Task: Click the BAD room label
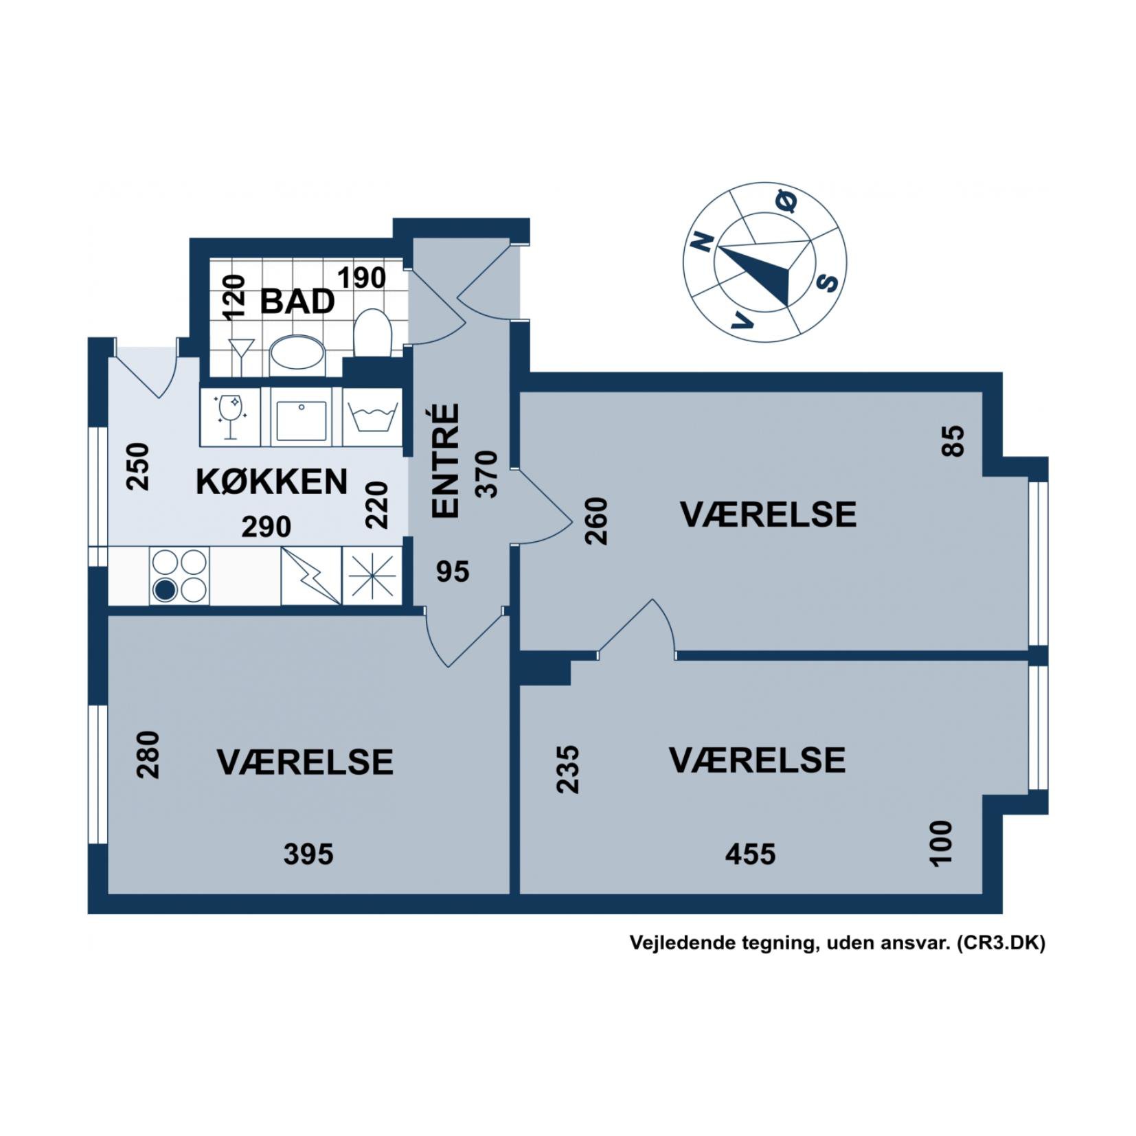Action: [297, 302]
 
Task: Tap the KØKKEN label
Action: [271, 481]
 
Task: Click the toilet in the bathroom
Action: [372, 332]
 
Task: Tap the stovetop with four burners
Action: [179, 576]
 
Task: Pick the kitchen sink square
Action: [301, 416]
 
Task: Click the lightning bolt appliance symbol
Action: [310, 576]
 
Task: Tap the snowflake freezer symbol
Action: [372, 576]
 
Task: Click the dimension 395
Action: [308, 854]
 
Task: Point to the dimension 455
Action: [750, 854]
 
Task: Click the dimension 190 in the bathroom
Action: [361, 277]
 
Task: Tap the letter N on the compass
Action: [702, 241]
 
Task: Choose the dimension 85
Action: [954, 441]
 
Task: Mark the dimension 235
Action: [568, 769]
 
